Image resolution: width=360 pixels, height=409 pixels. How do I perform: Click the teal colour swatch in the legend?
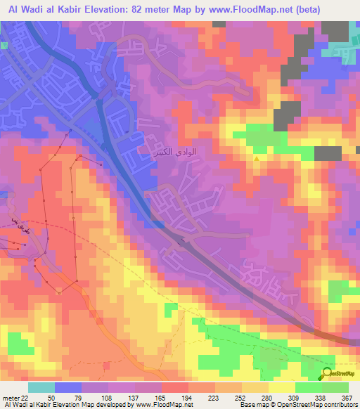coord(41,387)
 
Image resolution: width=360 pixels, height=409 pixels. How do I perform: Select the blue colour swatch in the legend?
coord(67,387)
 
